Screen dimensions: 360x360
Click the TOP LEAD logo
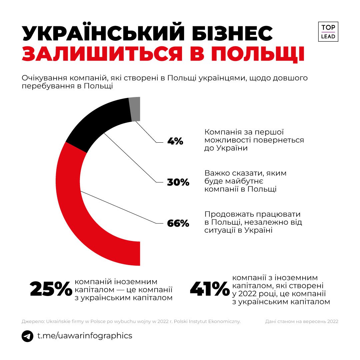click(x=328, y=32)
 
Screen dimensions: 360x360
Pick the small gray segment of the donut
click(x=135, y=109)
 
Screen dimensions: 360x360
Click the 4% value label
click(x=175, y=141)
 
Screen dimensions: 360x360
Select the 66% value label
click(x=178, y=223)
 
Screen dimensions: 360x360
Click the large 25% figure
click(x=51, y=289)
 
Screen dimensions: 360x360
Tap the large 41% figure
click(x=210, y=289)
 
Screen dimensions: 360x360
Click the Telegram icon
click(x=27, y=336)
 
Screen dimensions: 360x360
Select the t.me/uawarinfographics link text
click(x=85, y=335)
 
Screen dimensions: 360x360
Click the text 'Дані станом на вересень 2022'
click(x=302, y=321)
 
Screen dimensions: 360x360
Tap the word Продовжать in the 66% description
click(x=227, y=214)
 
